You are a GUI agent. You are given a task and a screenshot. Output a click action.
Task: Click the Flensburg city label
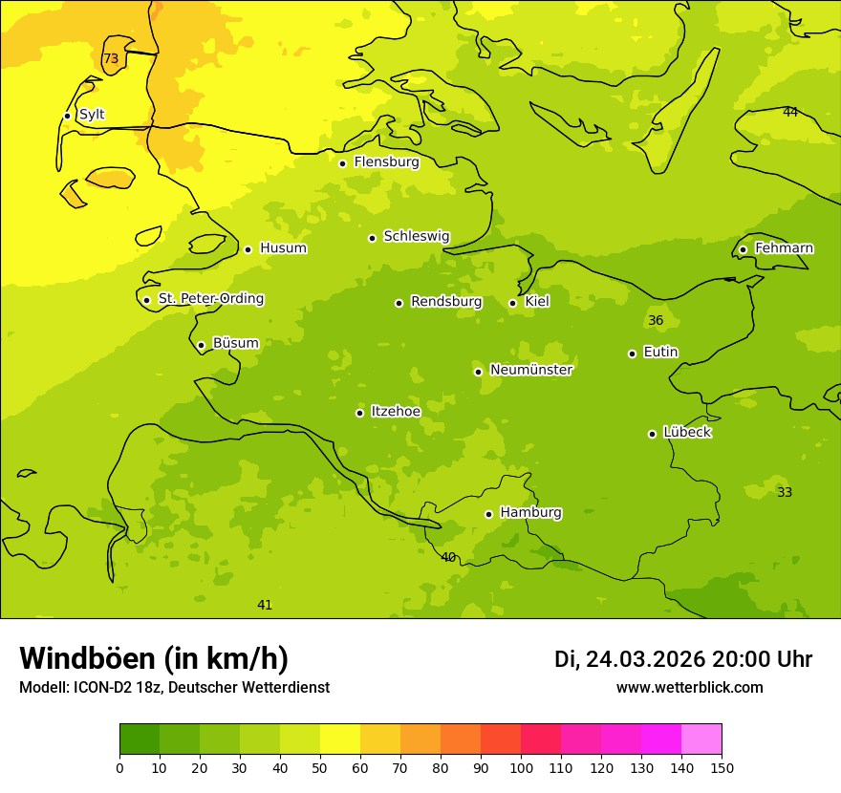coord(386,162)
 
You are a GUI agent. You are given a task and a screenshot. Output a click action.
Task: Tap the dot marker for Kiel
coord(512,303)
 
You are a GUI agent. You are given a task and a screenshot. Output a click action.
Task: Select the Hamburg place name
coord(530,513)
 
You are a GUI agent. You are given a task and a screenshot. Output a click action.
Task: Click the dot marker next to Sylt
coord(67,116)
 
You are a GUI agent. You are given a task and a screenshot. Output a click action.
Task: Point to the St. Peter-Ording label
coord(210,299)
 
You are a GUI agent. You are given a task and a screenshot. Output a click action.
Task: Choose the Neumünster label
coord(530,370)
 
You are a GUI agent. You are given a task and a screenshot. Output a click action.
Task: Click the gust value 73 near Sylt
coord(111,59)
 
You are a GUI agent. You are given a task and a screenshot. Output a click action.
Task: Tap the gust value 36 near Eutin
coord(656,321)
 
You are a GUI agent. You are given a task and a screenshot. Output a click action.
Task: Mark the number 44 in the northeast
coord(790,113)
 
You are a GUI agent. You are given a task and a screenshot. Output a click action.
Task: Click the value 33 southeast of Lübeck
coord(785,493)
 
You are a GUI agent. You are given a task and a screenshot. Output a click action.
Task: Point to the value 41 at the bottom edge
coord(265,606)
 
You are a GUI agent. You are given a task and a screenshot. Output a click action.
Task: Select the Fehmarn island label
coord(784,248)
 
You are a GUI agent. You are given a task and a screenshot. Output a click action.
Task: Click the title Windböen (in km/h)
coord(154,658)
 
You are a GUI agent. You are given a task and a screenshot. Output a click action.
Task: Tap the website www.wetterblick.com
coord(689,688)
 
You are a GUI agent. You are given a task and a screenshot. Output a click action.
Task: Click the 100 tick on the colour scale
coord(521,767)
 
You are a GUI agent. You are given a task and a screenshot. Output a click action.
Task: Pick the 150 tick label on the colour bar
coord(722,767)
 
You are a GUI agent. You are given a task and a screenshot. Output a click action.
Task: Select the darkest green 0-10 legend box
coord(140,739)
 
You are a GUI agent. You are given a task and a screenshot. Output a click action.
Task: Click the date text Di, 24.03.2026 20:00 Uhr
coord(683,659)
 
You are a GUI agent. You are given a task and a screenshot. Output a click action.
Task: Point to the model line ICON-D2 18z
coord(174,688)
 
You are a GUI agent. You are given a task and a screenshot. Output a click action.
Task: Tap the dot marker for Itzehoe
coord(359,413)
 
